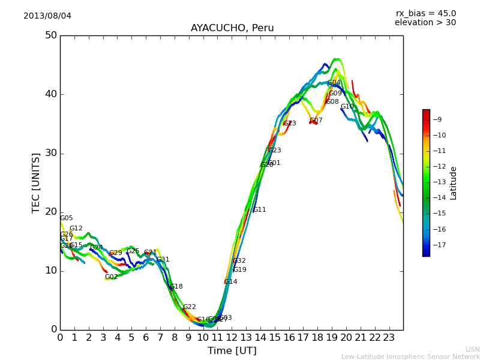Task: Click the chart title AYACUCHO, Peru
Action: pos(232,28)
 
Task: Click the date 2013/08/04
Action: pos(47,16)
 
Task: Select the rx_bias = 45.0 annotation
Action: pos(425,13)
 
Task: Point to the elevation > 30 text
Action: pos(425,22)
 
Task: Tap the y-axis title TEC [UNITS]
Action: pos(36,182)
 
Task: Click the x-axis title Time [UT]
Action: pos(232,350)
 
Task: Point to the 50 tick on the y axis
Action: pos(51,35)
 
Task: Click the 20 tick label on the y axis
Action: pos(51,212)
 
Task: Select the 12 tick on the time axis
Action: pos(232,337)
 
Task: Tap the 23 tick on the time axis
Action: pos(389,337)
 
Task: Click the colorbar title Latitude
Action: pos(454,182)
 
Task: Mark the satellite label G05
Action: pos(66,218)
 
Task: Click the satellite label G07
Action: pos(316,121)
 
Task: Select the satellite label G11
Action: pos(259,210)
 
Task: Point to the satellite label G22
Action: pos(189,307)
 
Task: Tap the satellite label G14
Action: pos(230,282)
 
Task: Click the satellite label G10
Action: pos(347,107)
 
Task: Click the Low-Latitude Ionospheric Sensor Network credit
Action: pos(410,356)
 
